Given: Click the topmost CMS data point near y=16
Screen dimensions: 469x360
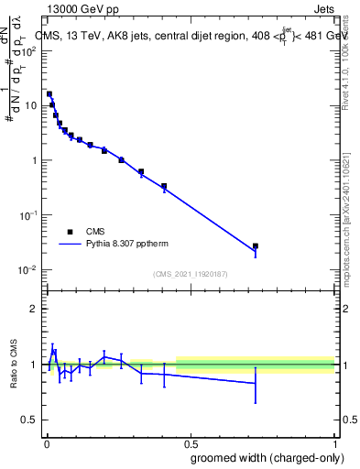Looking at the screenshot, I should [x=49, y=93].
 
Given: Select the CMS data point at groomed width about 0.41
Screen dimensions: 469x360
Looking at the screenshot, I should [x=164, y=186].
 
